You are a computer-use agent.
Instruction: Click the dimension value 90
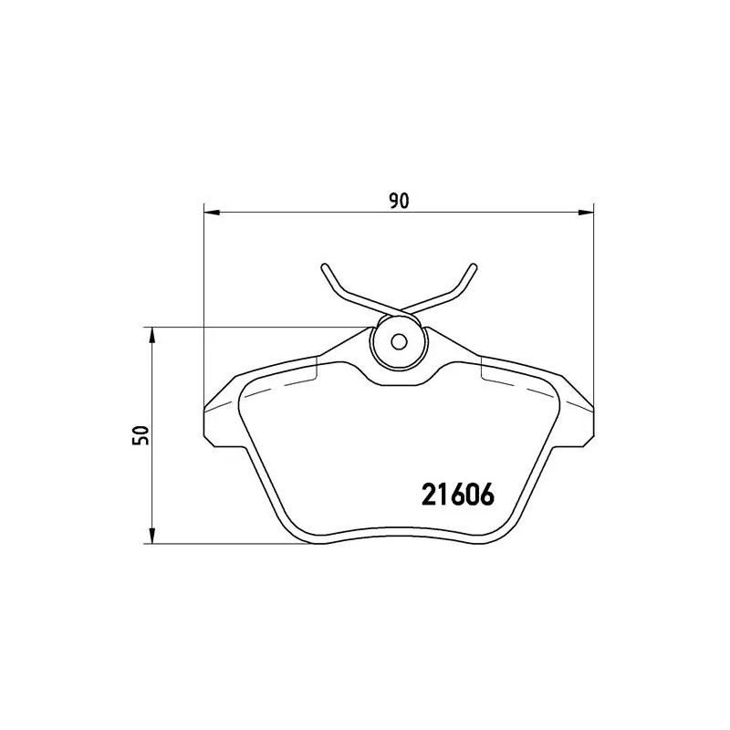(x=397, y=200)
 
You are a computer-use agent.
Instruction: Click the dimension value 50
(x=140, y=435)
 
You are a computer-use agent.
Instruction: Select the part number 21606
(x=457, y=495)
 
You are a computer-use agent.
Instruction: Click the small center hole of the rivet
(x=398, y=343)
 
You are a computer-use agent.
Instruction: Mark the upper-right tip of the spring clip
(x=473, y=267)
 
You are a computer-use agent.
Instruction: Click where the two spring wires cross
(x=398, y=308)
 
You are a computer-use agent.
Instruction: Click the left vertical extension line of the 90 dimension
(x=203, y=301)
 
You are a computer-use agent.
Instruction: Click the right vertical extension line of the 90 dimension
(x=593, y=301)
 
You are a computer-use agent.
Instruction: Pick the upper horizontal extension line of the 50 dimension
(x=255, y=327)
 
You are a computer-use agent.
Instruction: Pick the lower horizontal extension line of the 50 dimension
(x=228, y=545)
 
